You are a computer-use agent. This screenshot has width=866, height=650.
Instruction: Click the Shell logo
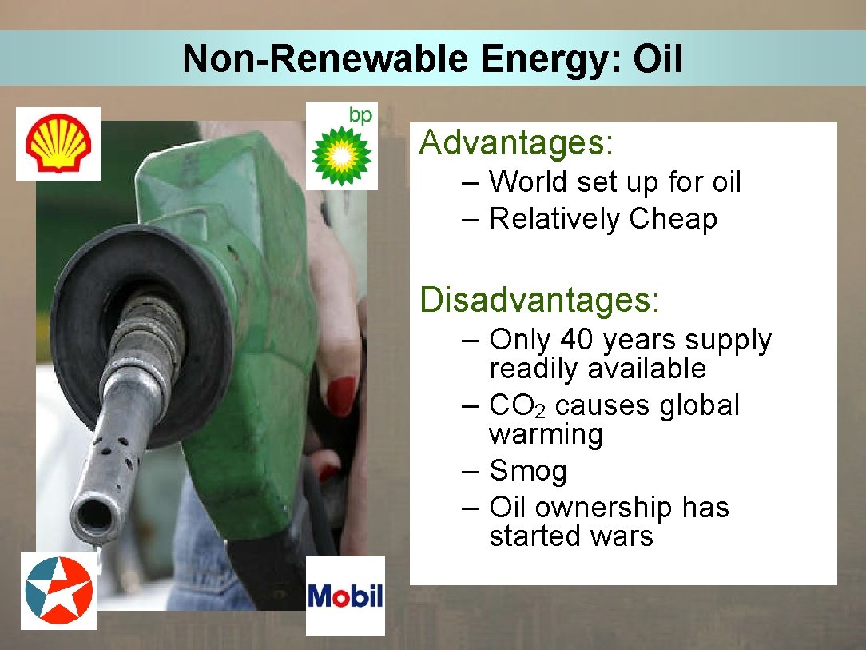58,144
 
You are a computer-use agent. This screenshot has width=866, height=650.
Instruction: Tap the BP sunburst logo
341,152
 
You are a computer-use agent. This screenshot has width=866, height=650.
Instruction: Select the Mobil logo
345,596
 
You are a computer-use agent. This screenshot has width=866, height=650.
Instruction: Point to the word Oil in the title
657,59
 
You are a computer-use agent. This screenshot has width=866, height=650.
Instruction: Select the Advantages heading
516,143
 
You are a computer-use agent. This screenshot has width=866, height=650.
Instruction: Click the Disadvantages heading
540,301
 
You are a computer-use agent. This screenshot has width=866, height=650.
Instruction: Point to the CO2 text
518,406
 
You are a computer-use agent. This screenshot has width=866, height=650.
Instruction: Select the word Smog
527,471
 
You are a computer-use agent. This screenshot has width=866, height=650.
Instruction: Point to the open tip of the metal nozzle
94,516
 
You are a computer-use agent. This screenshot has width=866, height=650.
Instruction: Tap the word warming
546,435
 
